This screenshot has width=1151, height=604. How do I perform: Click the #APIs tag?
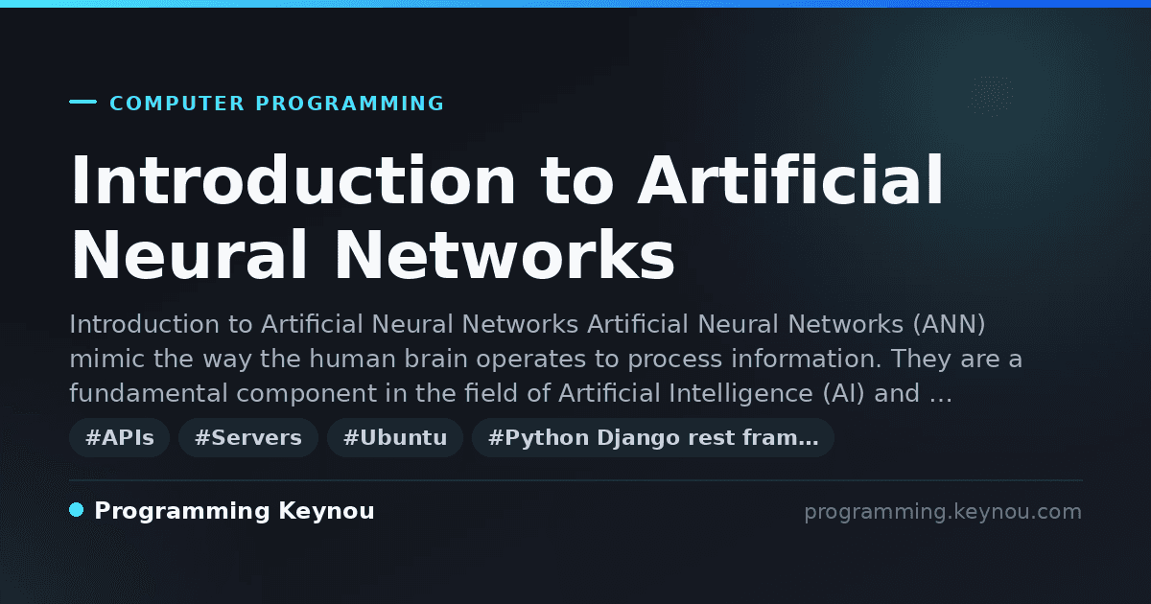[119, 437]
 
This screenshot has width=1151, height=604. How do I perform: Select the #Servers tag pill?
[248, 437]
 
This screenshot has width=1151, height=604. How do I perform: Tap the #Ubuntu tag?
[395, 437]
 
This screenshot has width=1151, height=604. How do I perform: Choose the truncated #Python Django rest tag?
[653, 437]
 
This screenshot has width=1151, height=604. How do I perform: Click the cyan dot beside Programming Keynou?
[77, 510]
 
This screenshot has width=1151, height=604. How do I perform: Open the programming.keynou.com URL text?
[943, 512]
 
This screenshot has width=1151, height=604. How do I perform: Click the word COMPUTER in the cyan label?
[176, 104]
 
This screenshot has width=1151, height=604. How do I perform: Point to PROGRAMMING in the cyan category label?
[349, 104]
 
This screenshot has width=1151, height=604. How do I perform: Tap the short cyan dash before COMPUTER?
[82, 102]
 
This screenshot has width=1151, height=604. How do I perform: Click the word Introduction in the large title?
[293, 180]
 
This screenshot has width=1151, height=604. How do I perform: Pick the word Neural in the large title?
[190, 255]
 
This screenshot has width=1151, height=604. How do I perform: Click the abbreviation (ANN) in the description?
[949, 325]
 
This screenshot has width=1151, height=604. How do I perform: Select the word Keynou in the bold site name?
[326, 511]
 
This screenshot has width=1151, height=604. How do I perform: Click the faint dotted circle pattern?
[991, 96]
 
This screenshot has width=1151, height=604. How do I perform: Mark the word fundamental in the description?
[148, 393]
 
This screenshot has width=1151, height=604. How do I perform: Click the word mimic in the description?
[106, 359]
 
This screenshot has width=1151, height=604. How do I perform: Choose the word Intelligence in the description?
[740, 393]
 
